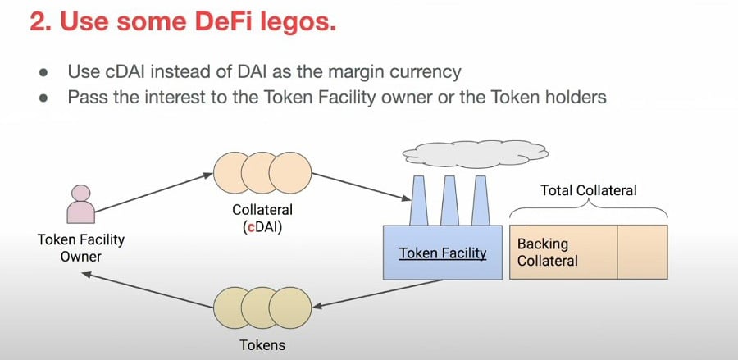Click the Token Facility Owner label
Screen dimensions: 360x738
pyautogui.click(x=80, y=248)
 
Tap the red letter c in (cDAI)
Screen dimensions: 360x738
pyautogui.click(x=249, y=227)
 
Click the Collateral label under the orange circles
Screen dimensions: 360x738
pyautogui.click(x=262, y=211)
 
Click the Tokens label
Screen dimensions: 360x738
pyautogui.click(x=263, y=344)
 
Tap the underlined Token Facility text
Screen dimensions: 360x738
pyautogui.click(x=443, y=253)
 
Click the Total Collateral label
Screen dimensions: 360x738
pyautogui.click(x=589, y=190)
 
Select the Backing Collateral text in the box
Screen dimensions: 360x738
pyautogui.click(x=548, y=253)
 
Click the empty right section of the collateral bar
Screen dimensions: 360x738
pyautogui.click(x=642, y=252)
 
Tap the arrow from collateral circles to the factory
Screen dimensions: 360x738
pyautogui.click(x=361, y=185)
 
